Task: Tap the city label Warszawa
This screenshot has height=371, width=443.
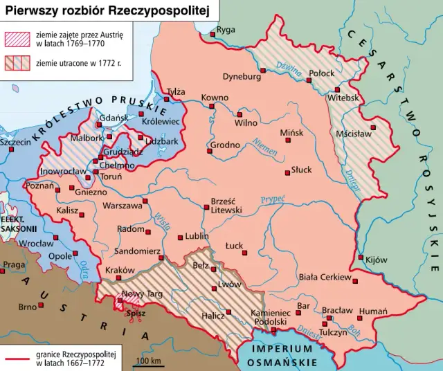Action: tap(122, 206)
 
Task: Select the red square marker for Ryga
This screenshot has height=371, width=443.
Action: tap(213, 33)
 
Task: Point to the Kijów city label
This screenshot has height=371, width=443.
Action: tap(376, 260)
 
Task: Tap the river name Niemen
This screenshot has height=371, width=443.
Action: tap(264, 145)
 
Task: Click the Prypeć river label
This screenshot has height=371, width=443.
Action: tap(273, 200)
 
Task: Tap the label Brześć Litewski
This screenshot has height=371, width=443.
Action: tap(225, 205)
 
